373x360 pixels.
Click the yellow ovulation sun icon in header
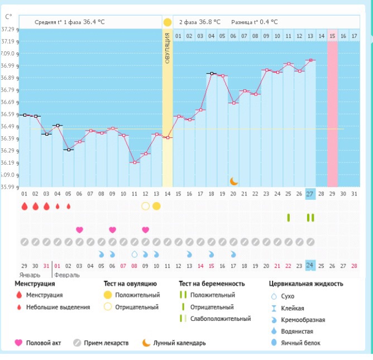pyautogui.click(x=167, y=22)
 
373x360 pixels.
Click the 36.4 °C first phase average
pyautogui.click(x=94, y=22)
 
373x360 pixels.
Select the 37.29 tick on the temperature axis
pyautogui.click(x=8, y=29)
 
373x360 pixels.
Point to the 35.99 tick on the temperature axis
pyautogui.click(x=8, y=187)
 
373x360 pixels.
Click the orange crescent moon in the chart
pyautogui.click(x=234, y=181)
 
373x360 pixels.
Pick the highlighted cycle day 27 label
pyautogui.click(x=311, y=194)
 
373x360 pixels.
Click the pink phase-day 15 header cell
pyautogui.click(x=332, y=36)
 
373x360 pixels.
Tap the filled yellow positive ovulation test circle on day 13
pyautogui.click(x=156, y=206)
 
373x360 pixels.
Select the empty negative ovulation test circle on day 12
pyautogui.click(x=145, y=206)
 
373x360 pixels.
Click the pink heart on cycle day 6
pyautogui.click(x=79, y=229)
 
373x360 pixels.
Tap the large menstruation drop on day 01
pyautogui.click(x=25, y=206)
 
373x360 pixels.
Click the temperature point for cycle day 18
pyautogui.click(x=212, y=73)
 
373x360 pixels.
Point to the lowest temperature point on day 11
pyautogui.click(x=135, y=162)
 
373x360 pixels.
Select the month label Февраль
pyautogui.click(x=68, y=275)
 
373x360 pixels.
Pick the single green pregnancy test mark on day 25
pyautogui.click(x=289, y=217)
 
